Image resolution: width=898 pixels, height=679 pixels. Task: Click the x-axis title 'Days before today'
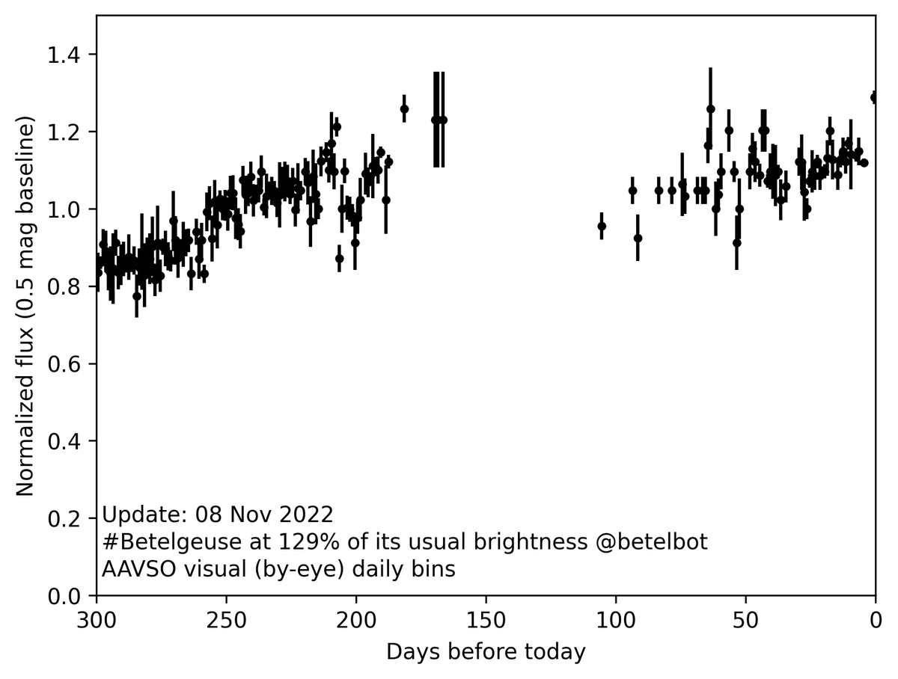click(x=486, y=652)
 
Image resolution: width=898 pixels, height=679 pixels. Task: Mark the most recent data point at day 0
click(x=874, y=97)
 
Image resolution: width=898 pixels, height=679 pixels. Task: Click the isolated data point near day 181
click(x=404, y=109)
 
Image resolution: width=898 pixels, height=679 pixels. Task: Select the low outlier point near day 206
click(x=340, y=259)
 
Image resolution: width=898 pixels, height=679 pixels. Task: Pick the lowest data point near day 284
click(x=137, y=296)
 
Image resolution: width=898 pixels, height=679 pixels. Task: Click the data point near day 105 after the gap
click(x=602, y=226)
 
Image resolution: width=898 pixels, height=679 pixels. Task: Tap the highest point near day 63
click(x=710, y=109)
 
